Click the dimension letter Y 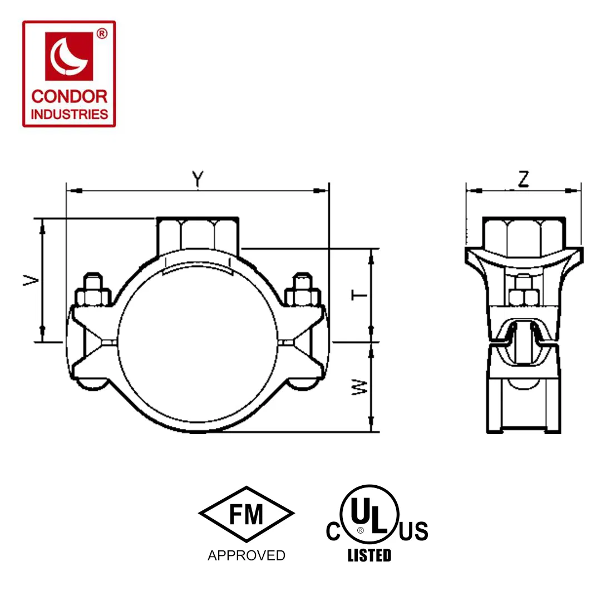click(x=198, y=179)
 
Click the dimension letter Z click(x=524, y=179)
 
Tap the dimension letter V click(x=31, y=280)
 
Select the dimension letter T click(x=359, y=295)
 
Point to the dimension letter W click(x=359, y=387)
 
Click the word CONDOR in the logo click(x=70, y=97)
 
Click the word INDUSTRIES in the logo click(x=70, y=114)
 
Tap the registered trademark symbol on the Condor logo click(x=102, y=34)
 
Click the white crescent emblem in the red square click(x=68, y=57)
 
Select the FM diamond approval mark click(x=247, y=514)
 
